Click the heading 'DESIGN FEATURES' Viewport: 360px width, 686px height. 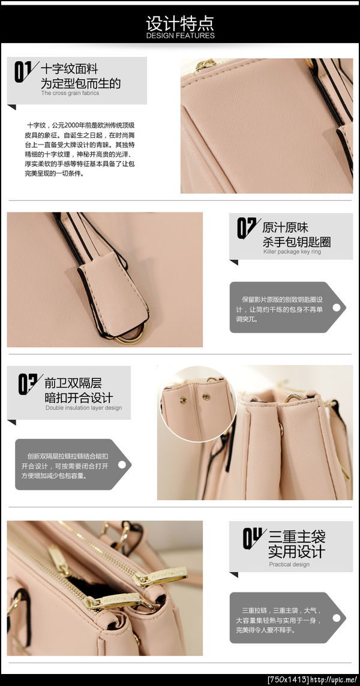pyautogui.click(x=181, y=35)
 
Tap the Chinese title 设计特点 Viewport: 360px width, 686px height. pyautogui.click(x=180, y=23)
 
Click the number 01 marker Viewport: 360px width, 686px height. pyautogui.click(x=26, y=71)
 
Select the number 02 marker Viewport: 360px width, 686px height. pyautogui.click(x=248, y=228)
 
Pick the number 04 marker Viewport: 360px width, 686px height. pyautogui.click(x=254, y=538)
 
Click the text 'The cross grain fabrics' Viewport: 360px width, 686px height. pyautogui.click(x=70, y=93)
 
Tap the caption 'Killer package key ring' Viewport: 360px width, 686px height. pyautogui.click(x=292, y=252)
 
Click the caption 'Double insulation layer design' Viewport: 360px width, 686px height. pyautogui.click(x=83, y=408)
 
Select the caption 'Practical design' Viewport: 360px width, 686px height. pyautogui.click(x=289, y=564)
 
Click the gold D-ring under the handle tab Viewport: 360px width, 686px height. pyautogui.click(x=131, y=335)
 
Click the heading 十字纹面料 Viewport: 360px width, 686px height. pyautogui.click(x=69, y=69)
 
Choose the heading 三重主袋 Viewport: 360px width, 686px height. pyautogui.click(x=297, y=536)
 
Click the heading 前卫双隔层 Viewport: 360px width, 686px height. pyautogui.click(x=73, y=383)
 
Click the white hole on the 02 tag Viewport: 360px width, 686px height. pyautogui.click(x=337, y=307)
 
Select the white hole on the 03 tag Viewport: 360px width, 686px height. pyautogui.click(x=122, y=464)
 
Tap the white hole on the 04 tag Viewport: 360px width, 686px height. pyautogui.click(x=337, y=618)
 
